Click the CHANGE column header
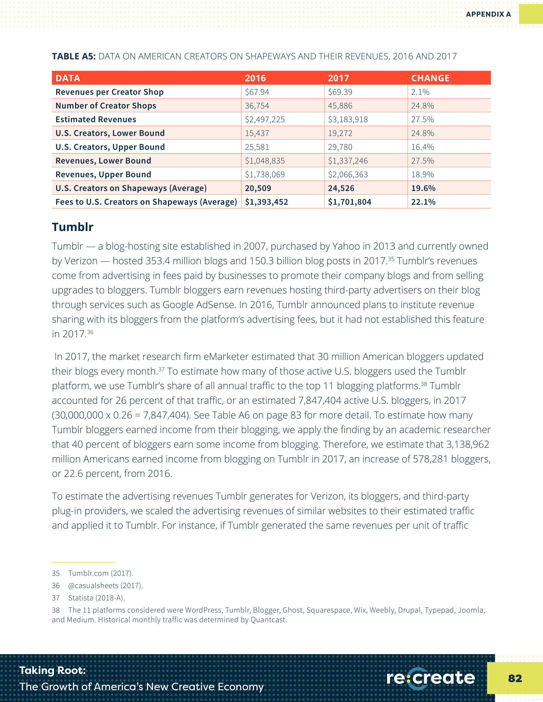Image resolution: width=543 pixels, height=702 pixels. tap(430, 78)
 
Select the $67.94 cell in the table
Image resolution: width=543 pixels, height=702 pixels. tap(257, 92)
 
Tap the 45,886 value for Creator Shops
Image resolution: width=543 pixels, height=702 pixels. tap(340, 106)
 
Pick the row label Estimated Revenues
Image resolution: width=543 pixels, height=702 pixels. tap(96, 120)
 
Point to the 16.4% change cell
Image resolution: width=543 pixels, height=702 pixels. tap(422, 147)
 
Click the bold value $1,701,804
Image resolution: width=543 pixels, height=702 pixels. tap(349, 202)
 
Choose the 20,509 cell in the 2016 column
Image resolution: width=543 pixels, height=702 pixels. tap(258, 188)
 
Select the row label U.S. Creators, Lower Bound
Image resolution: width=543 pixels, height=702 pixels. tap(110, 133)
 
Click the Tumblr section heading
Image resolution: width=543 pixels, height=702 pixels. tap(73, 227)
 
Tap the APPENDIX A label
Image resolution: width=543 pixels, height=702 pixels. tap(488, 14)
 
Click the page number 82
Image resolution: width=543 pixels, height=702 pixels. tap(515, 678)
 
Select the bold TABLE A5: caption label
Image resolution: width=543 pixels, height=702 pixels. tap(74, 56)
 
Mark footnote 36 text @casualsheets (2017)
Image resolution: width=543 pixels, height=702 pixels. tap(105, 586)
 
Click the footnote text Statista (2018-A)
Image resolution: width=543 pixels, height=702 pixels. tap(96, 598)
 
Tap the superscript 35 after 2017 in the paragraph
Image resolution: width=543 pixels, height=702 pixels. tap(391, 259)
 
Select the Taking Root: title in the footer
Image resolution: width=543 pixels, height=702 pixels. tap(53, 670)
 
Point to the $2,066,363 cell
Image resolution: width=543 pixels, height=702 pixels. tap(348, 175)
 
